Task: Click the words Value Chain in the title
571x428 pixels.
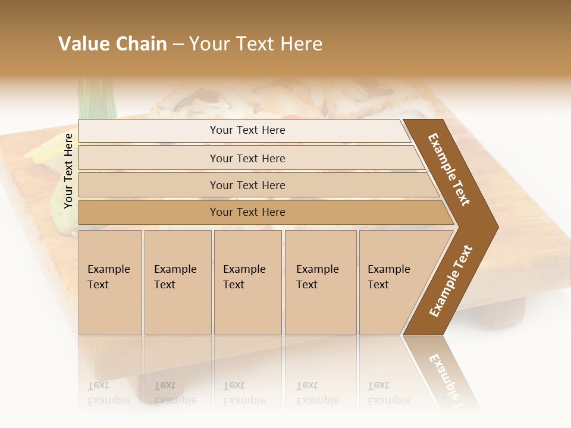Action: click(112, 44)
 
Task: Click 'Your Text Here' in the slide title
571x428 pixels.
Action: click(256, 44)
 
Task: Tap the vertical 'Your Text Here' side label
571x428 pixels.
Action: click(68, 171)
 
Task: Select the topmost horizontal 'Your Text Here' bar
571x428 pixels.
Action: click(247, 130)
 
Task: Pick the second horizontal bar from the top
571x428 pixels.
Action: click(247, 158)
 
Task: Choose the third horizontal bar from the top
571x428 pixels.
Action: click(247, 185)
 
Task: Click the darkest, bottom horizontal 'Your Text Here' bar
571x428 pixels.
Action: click(247, 212)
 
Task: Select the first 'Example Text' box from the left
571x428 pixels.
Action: click(110, 282)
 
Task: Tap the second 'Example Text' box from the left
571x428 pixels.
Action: click(177, 282)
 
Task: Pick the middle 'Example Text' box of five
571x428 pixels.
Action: click(247, 282)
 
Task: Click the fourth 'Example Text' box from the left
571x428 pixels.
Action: click(320, 282)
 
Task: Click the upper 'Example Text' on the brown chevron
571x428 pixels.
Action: click(449, 169)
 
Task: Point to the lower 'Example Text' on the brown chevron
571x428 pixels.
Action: click(451, 281)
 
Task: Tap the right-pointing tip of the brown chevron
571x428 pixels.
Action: click(494, 226)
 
